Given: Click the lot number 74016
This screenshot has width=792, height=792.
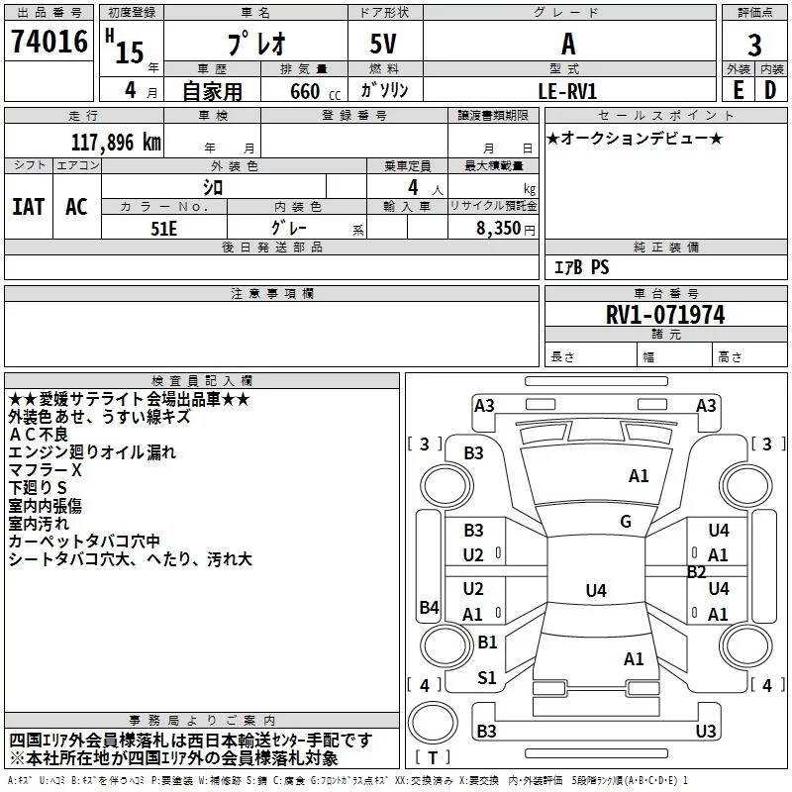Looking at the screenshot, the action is [49, 42].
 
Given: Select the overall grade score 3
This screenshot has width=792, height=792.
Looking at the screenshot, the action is [754, 45].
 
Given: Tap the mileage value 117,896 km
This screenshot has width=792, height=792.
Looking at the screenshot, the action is [116, 143].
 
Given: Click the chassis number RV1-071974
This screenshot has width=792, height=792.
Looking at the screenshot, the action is [665, 315].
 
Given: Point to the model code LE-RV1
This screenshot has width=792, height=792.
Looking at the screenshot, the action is [567, 91].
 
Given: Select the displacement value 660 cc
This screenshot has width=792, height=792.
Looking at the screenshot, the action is [315, 92].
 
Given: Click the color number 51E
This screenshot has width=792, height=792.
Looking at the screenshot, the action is [163, 229].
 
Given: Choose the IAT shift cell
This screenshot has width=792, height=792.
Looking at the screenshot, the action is [29, 207].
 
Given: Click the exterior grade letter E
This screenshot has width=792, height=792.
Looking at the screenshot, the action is [738, 90].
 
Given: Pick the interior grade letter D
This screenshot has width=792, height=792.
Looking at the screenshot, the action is [770, 90].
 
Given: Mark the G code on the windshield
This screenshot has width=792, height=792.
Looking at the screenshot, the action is [626, 522].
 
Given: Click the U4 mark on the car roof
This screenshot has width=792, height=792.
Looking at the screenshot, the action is [596, 590].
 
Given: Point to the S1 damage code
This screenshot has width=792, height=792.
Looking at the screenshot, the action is [487, 678].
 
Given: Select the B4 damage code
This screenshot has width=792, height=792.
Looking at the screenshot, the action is [430, 607].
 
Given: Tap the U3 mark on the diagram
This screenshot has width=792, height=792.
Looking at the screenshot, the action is [706, 731].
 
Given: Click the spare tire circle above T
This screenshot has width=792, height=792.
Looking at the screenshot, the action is [433, 723].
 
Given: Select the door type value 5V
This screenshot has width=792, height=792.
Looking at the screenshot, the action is [383, 44].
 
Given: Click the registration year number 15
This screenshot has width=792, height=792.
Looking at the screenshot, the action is [130, 52].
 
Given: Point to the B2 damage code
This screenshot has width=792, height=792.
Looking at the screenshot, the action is [697, 572].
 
